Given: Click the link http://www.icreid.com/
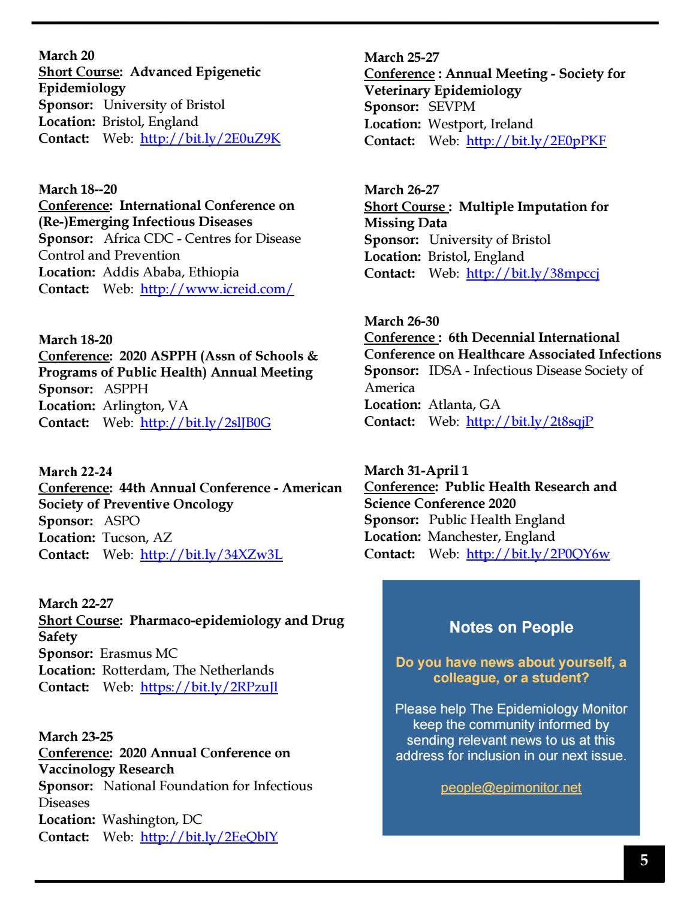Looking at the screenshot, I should coord(216,289).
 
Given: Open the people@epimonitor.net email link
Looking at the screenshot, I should coord(511,787).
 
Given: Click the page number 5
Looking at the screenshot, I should coord(644,861).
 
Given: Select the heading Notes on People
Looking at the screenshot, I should coord(511,627).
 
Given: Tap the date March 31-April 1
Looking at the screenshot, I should coord(416,470).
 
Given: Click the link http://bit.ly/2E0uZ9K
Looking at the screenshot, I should coord(210,139).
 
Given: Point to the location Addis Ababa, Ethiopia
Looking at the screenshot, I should coord(170,272).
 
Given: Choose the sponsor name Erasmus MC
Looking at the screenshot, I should coord(138,654).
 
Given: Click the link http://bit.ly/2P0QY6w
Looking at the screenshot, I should coord(538,554).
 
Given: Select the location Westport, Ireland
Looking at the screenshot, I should coord(480,124).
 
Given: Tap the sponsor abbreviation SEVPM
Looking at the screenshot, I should coord(451,107).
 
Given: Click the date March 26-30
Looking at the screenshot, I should coord(402,321).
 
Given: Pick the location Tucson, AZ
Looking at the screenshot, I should coord(137,538).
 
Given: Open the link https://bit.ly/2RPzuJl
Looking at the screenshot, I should coord(209,687).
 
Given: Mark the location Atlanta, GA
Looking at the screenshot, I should coord(464,405).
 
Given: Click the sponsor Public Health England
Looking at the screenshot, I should coord(496,520).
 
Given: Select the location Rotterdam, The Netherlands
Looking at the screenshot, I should coord(188,670).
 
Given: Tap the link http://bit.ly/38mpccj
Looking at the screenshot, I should coord(532,273).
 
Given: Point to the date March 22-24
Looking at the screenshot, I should coord(76,471).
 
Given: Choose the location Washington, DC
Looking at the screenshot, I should coord(152,820).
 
